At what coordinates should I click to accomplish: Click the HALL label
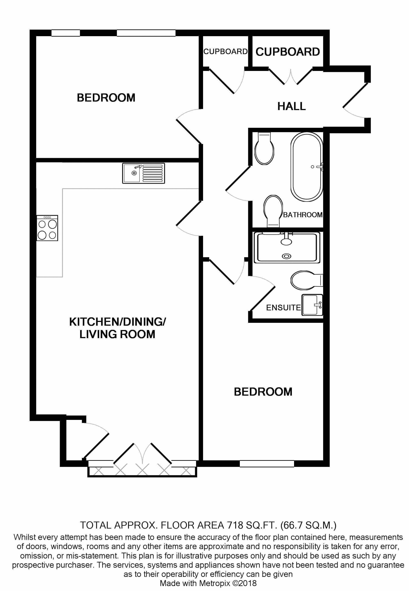coord(291,106)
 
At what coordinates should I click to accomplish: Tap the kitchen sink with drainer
coord(144,173)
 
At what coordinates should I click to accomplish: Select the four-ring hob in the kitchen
coord(47,228)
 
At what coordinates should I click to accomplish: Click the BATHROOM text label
coord(302,215)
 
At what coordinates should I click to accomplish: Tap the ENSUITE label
coord(283,307)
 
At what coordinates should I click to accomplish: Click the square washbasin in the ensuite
coord(312,305)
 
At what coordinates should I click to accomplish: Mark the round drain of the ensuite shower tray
coord(286,256)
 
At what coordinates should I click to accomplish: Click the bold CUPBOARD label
coord(288,52)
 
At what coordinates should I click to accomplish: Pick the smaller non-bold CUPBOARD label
coord(225,52)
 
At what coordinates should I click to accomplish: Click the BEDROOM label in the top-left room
coord(106,98)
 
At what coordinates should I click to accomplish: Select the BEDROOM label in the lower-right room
coord(263,392)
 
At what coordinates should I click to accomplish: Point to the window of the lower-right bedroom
coord(267,464)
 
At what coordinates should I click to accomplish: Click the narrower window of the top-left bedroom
coord(66,33)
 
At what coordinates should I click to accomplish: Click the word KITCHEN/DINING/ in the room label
coord(117,322)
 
